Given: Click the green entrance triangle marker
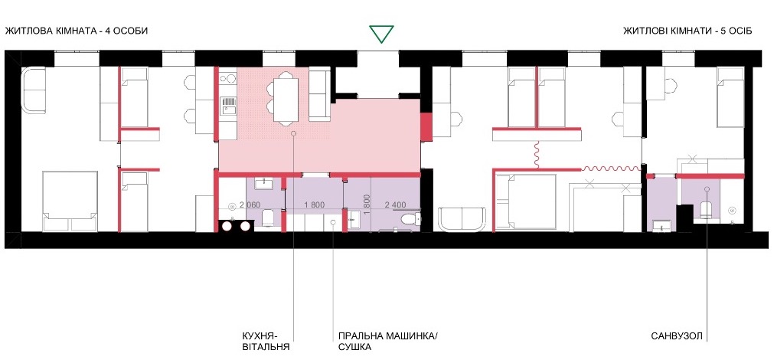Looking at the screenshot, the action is click(x=382, y=34).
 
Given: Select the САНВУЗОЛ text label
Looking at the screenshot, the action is click(x=676, y=337).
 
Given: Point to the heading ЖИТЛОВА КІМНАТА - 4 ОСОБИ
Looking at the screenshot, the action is click(x=77, y=31).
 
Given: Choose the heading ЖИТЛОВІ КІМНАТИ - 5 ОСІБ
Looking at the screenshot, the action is click(x=687, y=31).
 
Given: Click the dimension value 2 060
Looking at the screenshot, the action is click(x=250, y=205).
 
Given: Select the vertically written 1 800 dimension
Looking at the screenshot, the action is click(x=366, y=204).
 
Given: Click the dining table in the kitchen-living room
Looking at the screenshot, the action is click(x=287, y=98).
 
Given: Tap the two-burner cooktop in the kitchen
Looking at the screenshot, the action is click(x=228, y=79).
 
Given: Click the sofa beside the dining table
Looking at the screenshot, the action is click(x=319, y=96).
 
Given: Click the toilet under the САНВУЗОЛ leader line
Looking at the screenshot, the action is click(x=704, y=209).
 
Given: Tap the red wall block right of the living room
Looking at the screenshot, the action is click(x=426, y=126).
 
